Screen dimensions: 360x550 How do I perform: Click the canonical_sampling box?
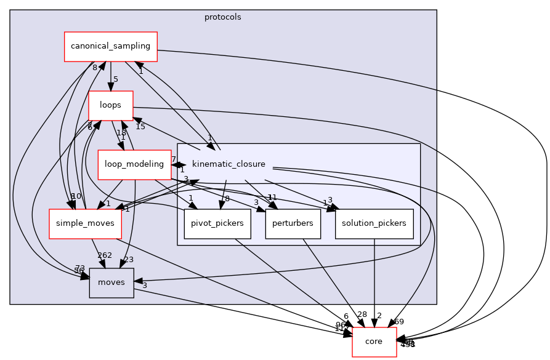point(111,46)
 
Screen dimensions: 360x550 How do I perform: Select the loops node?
point(111,105)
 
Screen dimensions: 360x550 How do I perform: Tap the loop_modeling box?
point(134,164)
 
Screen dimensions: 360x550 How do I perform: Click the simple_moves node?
point(85,223)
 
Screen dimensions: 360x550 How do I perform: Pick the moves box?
point(111,282)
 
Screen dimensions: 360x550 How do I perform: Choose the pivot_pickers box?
point(217,223)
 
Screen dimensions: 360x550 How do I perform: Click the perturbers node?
point(293,223)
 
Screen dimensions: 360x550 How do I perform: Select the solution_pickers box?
point(374,223)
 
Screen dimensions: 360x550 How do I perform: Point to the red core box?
point(374,342)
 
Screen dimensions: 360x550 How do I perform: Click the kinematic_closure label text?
point(228,164)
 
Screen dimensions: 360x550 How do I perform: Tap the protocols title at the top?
point(222,17)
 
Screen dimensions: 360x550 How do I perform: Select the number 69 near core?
point(398,321)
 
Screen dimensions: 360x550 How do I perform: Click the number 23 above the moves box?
point(128,260)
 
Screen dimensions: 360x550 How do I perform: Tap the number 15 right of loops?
point(140,127)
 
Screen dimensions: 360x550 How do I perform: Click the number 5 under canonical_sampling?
point(115,79)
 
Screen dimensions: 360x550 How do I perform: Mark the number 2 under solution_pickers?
point(379,316)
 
